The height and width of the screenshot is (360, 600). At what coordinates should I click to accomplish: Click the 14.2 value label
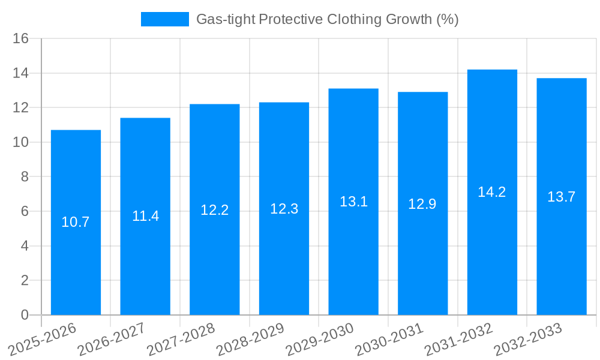(x=492, y=192)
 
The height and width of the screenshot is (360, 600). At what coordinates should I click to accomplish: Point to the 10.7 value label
(x=76, y=222)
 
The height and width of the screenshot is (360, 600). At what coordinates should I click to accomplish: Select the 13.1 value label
(x=353, y=202)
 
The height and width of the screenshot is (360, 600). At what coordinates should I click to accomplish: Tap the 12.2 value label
(x=214, y=210)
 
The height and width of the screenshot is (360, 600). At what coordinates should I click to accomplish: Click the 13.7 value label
(x=562, y=197)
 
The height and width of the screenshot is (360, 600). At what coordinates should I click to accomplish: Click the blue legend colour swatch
(x=164, y=19)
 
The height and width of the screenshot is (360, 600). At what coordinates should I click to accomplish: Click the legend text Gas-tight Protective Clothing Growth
(x=328, y=19)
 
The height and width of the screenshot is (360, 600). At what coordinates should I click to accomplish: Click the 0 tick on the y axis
(x=25, y=315)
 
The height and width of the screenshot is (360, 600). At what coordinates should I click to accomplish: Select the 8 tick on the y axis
(x=25, y=177)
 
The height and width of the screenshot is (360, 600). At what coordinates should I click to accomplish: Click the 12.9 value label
(x=422, y=204)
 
